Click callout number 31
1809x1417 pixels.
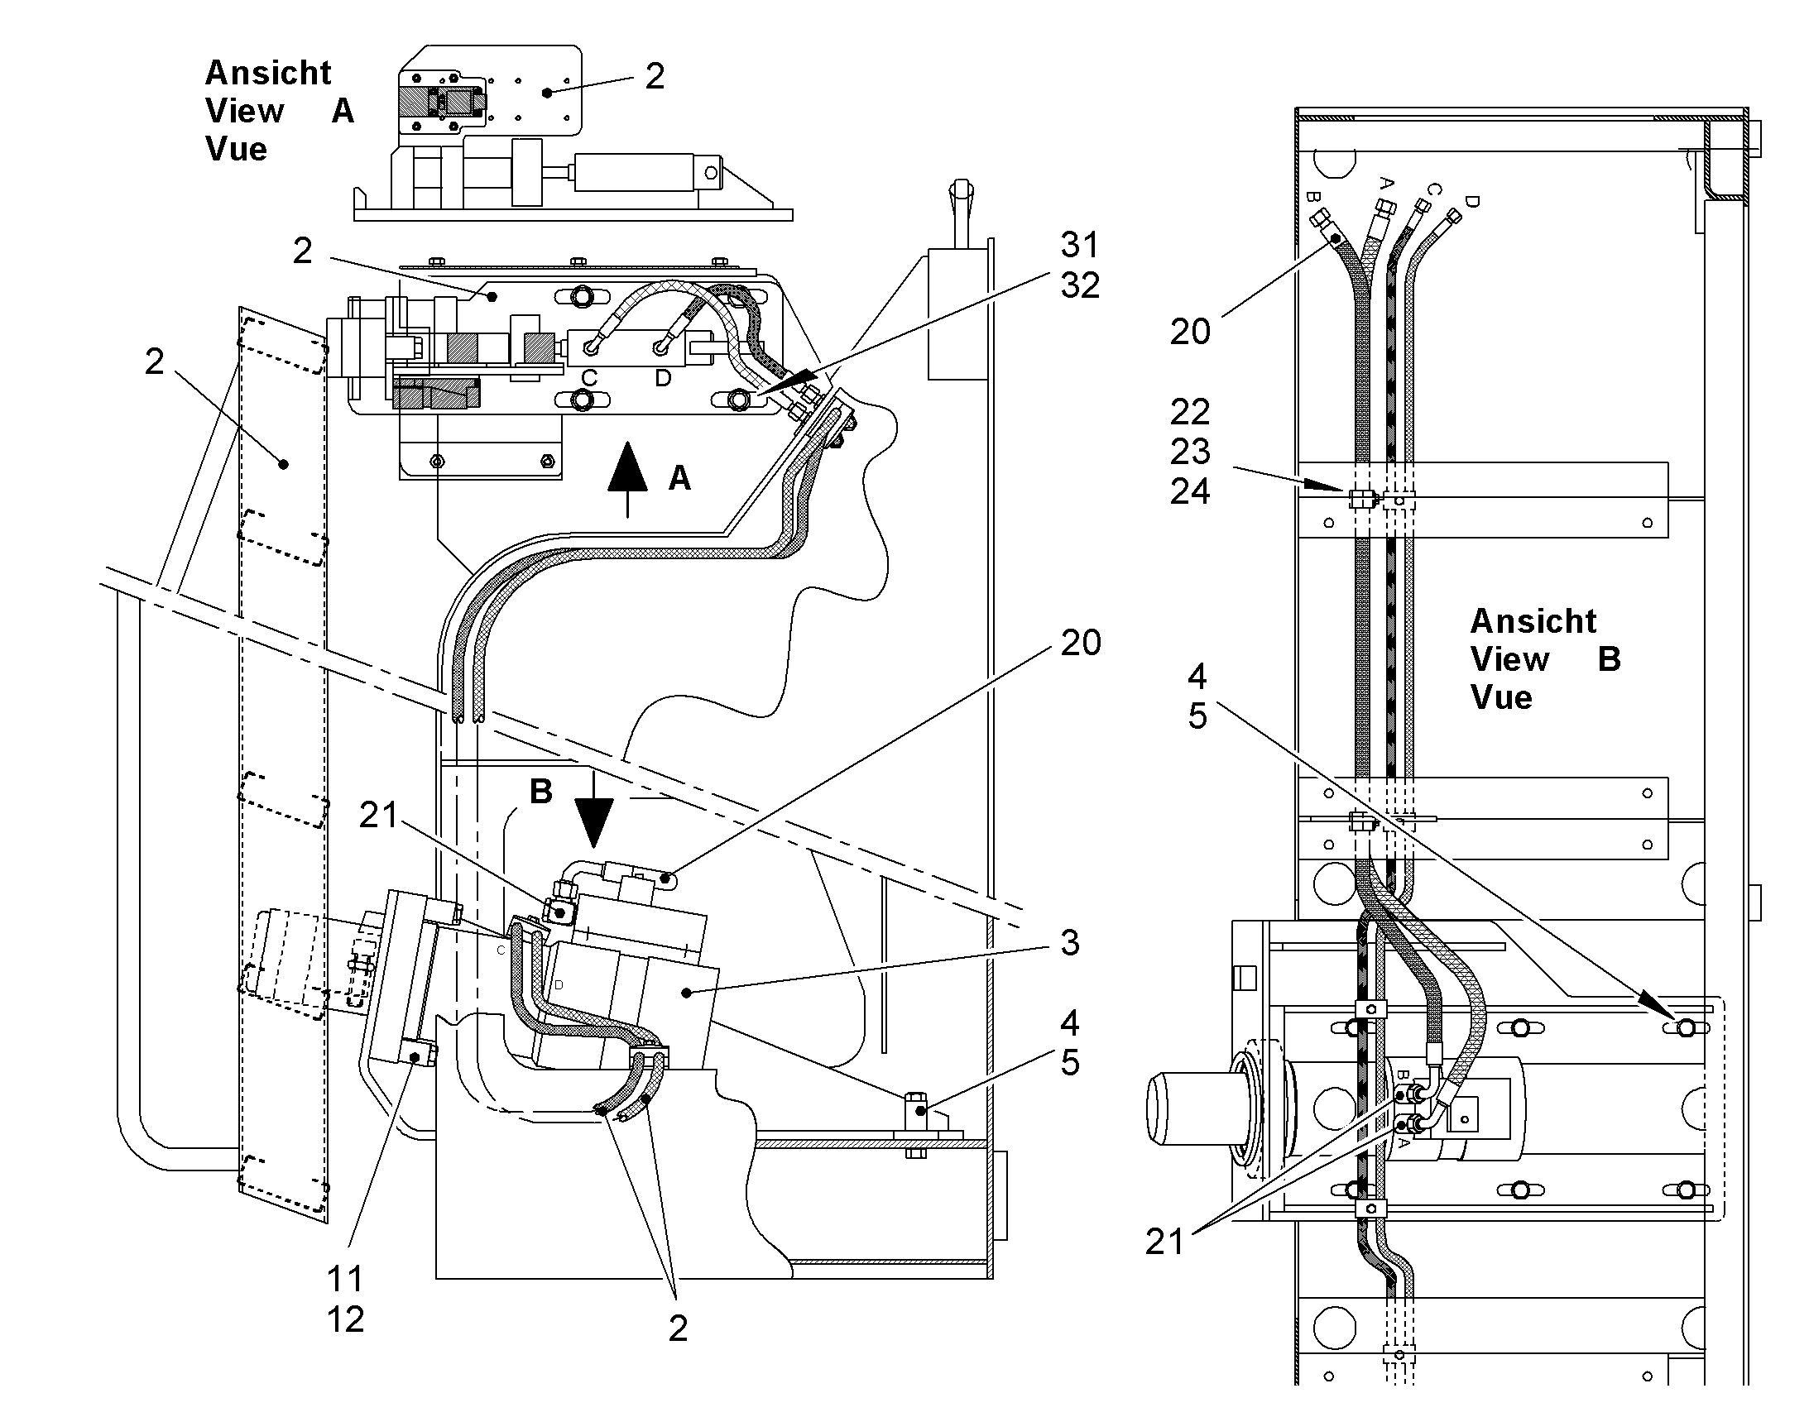pos(1080,245)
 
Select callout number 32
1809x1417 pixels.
pos(1080,285)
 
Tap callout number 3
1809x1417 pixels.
pos(1070,942)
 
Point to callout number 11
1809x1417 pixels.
pos(345,1280)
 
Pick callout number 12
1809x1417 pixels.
pos(345,1319)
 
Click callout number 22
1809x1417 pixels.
pos(1190,412)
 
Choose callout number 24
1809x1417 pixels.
pos(1190,492)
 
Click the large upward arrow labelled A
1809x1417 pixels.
pos(627,480)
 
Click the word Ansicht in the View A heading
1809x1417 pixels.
pos(268,73)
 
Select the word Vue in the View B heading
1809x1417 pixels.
pos(1501,697)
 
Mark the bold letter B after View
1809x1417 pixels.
pos(1609,659)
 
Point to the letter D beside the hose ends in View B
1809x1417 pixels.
pos(1472,202)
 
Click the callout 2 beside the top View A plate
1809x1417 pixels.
pos(655,76)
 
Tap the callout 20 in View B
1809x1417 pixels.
pos(1190,332)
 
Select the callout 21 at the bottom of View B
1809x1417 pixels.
pos(1164,1242)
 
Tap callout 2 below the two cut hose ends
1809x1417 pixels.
pos(678,1329)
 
